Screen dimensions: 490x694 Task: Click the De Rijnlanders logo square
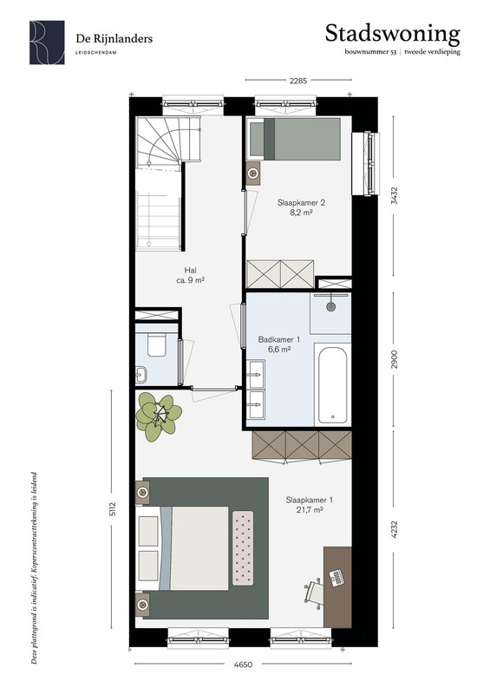[47, 43]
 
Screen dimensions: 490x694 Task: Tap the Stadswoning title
[393, 34]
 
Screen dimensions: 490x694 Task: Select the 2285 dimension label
[297, 81]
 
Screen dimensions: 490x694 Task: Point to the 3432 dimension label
[395, 195]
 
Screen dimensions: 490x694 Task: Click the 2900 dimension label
[395, 359]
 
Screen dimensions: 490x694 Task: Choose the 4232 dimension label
[395, 529]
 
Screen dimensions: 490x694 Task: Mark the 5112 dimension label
[113, 508]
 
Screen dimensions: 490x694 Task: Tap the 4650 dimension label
[243, 665]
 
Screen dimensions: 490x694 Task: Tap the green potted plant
[159, 417]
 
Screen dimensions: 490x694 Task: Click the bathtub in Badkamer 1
[333, 384]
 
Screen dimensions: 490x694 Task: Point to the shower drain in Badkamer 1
[330, 306]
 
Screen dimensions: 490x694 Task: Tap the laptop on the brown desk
[336, 578]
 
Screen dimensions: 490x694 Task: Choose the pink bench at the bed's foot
[243, 548]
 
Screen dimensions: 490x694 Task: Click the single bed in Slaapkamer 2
[293, 139]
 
